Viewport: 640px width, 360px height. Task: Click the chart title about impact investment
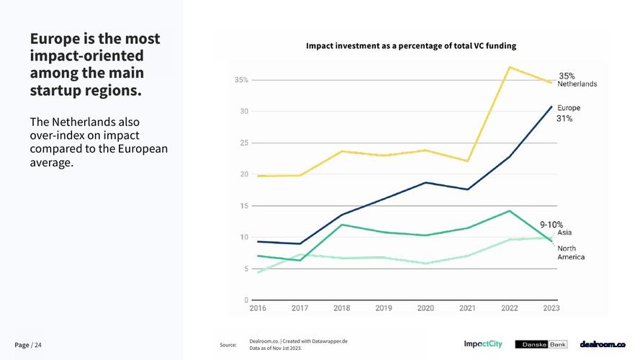[x=411, y=46]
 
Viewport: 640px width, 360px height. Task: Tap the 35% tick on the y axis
[x=241, y=80]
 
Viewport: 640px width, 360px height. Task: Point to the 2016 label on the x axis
[x=258, y=308]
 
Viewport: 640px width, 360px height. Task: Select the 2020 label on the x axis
[x=425, y=308]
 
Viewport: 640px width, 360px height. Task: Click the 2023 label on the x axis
[x=551, y=308]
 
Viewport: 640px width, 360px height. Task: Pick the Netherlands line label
[x=577, y=84]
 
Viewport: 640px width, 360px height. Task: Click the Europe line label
[x=569, y=108]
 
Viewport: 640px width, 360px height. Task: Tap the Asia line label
[x=564, y=233]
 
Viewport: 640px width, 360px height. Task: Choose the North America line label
[x=571, y=253]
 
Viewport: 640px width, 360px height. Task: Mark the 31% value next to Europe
[x=564, y=119]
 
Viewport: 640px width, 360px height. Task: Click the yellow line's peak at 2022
[x=510, y=68]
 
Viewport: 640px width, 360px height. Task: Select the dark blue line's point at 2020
[x=425, y=183]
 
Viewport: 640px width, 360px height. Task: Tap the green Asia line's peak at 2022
[x=510, y=211]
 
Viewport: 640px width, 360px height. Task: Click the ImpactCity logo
[x=483, y=344]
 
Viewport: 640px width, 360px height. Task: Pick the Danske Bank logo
[x=541, y=344]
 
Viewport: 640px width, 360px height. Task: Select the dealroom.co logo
[x=603, y=344]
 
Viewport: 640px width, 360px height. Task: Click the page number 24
[x=38, y=345]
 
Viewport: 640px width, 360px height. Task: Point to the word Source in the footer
[x=228, y=345]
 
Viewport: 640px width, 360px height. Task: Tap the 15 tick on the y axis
[x=245, y=206]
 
